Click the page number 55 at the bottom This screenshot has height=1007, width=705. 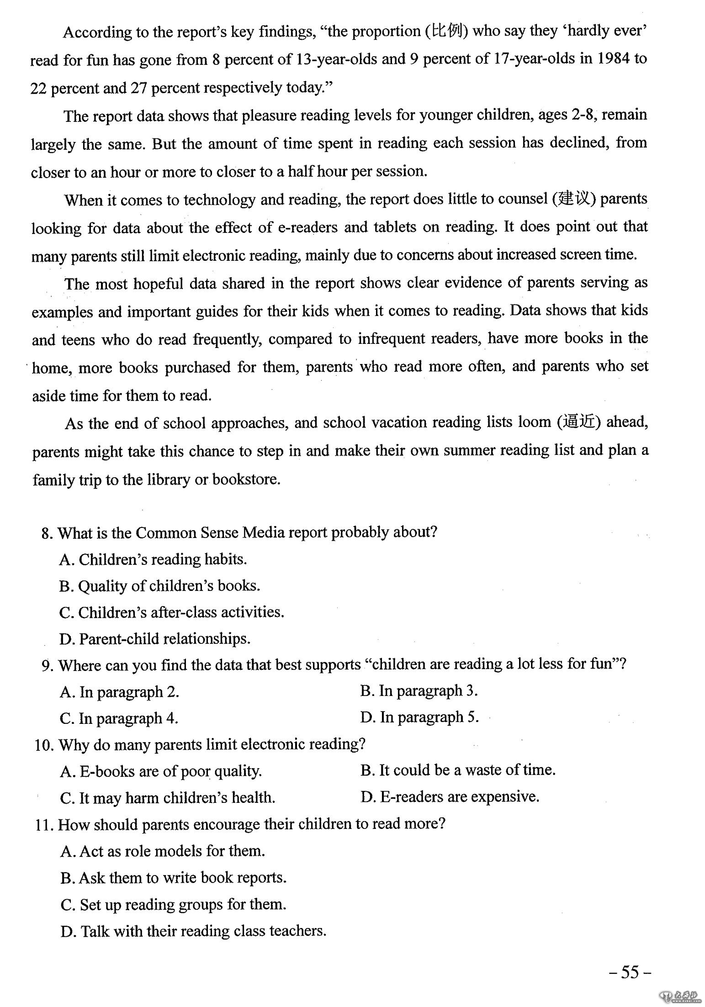[630, 972]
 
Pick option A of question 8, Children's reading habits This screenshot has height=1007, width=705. [153, 559]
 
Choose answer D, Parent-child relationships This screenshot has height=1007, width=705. [155, 638]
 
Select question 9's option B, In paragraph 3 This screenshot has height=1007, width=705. [419, 691]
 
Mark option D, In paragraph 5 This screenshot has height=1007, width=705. [419, 717]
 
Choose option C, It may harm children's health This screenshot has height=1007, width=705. [168, 798]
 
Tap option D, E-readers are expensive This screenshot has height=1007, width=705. [450, 797]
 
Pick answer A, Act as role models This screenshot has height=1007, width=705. [163, 851]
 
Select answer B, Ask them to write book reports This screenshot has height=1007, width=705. [173, 877]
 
